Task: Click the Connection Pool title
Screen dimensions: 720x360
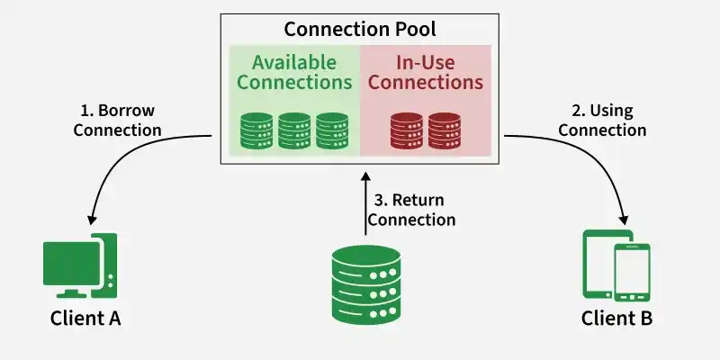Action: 359,29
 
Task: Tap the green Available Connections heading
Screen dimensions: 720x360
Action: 294,72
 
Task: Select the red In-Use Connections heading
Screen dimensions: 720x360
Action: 426,72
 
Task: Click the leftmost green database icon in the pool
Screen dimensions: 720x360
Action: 256,130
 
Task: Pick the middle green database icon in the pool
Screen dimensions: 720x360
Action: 294,130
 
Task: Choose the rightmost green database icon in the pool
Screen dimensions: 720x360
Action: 332,130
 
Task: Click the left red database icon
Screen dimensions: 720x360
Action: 407,130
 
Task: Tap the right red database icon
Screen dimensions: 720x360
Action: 445,130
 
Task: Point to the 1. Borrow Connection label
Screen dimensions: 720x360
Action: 117,121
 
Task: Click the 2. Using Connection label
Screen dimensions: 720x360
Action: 602,121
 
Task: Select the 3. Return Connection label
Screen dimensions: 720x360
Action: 412,210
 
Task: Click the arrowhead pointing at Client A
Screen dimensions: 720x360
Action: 92,219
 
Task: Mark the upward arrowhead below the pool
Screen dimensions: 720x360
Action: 365,177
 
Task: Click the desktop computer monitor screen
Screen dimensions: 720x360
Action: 72,263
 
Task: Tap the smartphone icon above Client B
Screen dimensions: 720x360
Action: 633,273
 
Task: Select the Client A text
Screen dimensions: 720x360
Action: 85,319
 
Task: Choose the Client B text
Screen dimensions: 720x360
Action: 616,319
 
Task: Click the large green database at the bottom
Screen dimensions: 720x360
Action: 366,284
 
